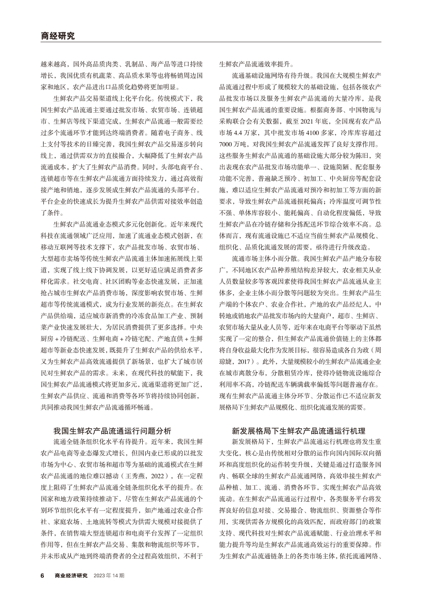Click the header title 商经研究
click(x=57, y=36)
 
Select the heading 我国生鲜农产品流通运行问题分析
click(x=112, y=416)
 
